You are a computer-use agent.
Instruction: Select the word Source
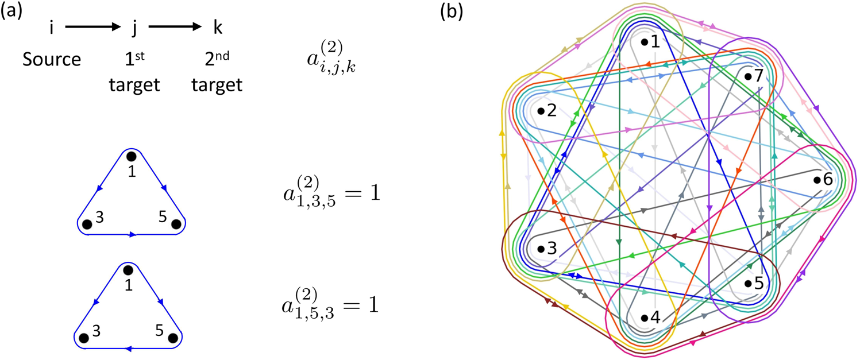tap(51, 59)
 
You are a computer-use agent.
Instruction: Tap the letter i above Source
tap(52, 27)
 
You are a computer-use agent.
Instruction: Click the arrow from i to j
tap(91, 26)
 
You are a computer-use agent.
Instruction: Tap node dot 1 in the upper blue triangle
tap(132, 156)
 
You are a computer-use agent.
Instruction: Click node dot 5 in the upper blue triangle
tap(176, 224)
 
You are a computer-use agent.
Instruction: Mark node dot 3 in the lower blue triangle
tap(84, 338)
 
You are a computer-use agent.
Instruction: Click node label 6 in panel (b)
tap(828, 180)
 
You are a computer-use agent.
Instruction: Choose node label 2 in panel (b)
tap(552, 111)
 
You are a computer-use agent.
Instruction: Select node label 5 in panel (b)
tap(758, 283)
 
